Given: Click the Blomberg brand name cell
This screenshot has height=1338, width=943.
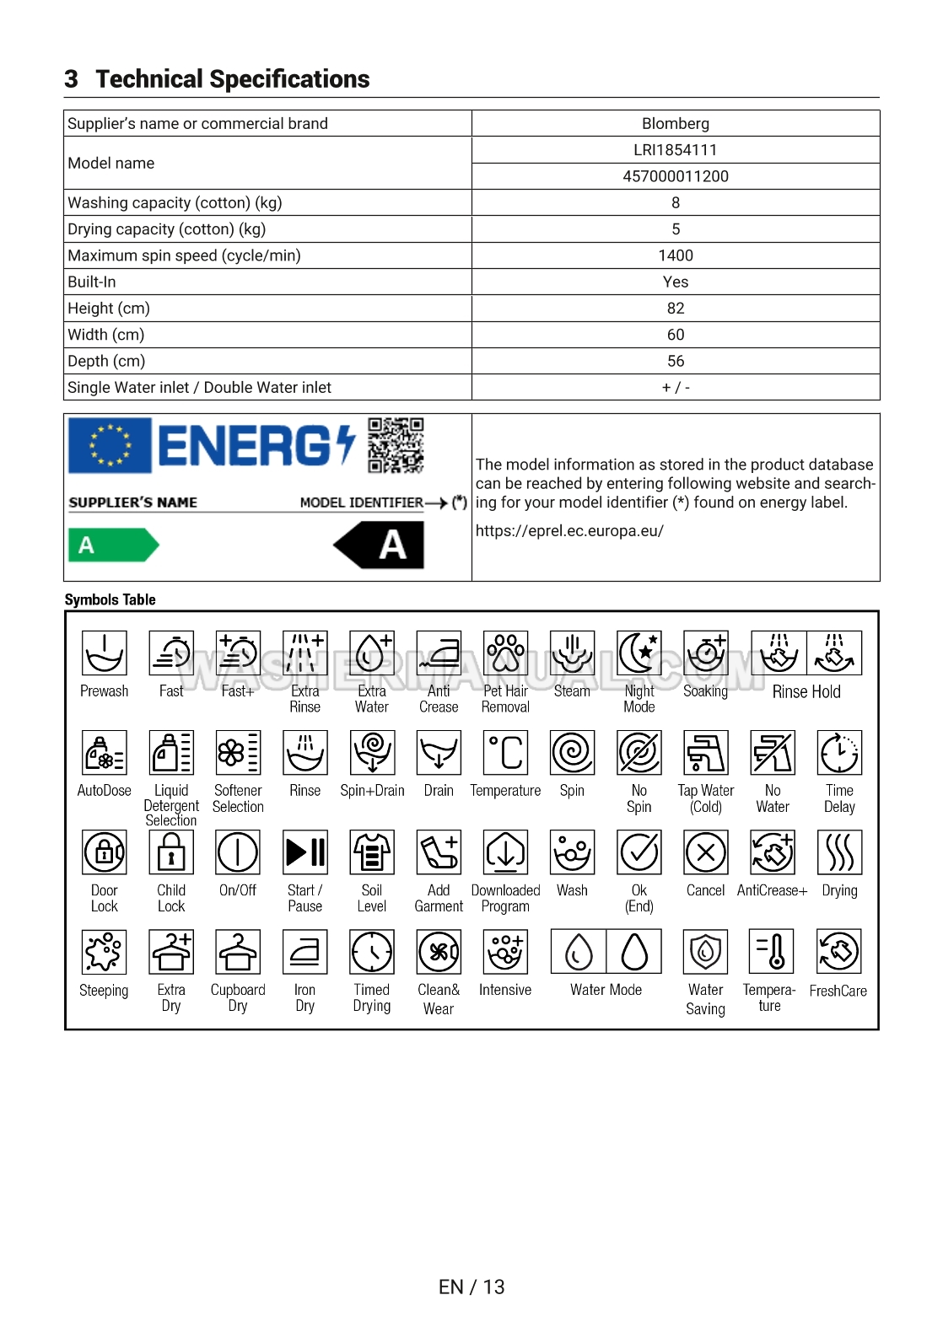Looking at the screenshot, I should tap(675, 124).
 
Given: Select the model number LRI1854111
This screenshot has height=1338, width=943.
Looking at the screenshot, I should tap(675, 150).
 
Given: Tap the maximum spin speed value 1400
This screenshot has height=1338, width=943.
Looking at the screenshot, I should tap(675, 255).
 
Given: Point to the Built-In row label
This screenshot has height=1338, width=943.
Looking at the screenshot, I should tap(92, 282).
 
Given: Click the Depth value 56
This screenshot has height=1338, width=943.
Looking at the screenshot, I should tap(675, 361).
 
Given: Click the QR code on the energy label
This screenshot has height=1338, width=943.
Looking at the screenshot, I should tap(396, 445).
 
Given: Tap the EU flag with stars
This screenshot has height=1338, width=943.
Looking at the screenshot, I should tap(110, 445).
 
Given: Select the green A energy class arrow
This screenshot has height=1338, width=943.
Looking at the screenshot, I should tap(112, 545).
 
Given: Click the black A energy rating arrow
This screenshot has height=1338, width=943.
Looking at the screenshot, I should tap(380, 545).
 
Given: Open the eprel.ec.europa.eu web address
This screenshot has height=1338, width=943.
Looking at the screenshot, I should tap(569, 531).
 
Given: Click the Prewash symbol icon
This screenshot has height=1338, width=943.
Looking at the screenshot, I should tap(105, 653).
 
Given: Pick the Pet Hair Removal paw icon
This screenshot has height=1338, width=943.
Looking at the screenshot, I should tap(505, 653).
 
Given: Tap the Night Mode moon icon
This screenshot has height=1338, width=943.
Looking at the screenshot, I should tap(639, 653).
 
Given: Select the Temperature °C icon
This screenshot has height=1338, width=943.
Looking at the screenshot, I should tap(505, 752).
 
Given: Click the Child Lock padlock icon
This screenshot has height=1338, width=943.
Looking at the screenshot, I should tap(171, 852).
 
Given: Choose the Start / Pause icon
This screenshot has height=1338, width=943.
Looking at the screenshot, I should tap(305, 852).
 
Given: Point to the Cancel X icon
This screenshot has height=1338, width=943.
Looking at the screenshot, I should tap(706, 852).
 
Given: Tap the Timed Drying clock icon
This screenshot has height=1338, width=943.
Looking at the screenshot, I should tap(372, 952).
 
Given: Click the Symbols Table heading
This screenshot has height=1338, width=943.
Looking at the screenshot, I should tap(110, 599).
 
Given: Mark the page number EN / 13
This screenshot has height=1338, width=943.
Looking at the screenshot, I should tap(471, 1287).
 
